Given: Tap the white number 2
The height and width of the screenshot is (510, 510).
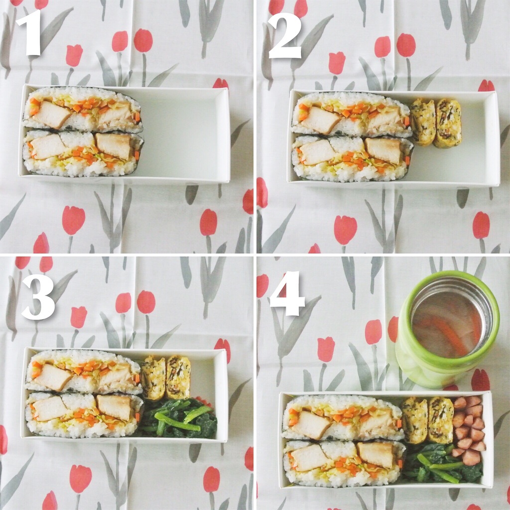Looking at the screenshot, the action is coord(285,36).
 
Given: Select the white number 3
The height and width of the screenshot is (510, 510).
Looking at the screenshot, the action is coord(38,297).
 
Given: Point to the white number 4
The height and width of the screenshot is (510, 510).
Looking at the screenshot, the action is coord(287,293).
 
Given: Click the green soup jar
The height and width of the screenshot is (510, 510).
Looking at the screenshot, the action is coord(448,329).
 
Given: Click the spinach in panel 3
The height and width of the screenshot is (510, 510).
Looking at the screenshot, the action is coord(179,418).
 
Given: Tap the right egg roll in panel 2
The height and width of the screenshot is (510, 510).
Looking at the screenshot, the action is coord(449,124).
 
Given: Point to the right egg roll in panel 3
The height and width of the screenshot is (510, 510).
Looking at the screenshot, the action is coord(178,378).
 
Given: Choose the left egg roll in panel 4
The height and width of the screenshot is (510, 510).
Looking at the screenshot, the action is coord(415,420).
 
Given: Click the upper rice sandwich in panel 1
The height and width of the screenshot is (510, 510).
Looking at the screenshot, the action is coord(83,109).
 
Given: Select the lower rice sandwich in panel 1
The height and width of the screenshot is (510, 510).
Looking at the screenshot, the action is coord(83,153).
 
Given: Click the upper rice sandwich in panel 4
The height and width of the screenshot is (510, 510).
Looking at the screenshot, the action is coord(343,418).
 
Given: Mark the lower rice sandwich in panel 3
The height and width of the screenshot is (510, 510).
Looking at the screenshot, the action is coord(84,415).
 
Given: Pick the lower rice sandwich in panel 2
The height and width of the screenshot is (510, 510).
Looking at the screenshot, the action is coord(352,158).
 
